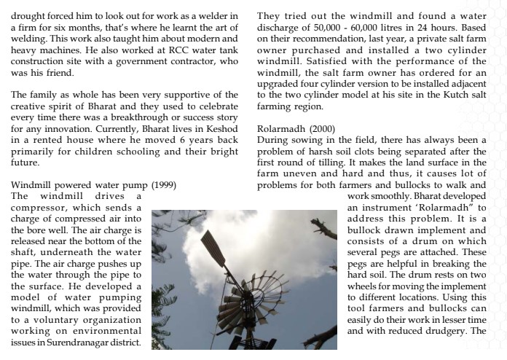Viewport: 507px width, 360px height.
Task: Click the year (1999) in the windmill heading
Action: point(163,185)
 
